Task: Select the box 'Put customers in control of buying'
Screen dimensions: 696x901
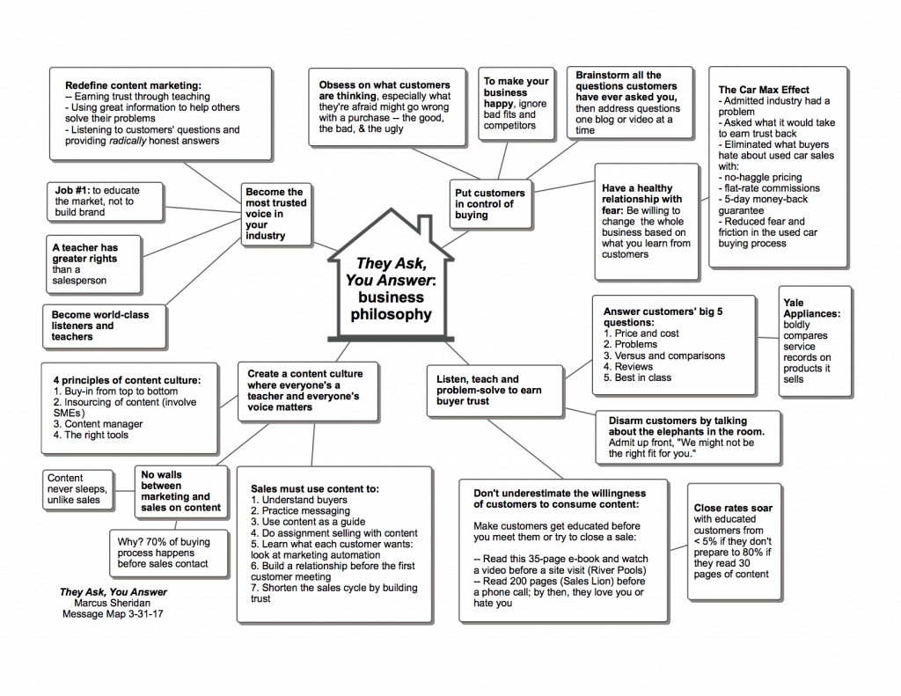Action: point(490,204)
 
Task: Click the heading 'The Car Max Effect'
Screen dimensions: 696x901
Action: point(764,90)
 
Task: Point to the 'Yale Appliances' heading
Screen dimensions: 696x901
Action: point(805,308)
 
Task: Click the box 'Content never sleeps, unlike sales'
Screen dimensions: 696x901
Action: point(77,489)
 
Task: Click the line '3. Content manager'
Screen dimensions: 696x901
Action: point(98,424)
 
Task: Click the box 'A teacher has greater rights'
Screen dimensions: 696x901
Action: point(92,264)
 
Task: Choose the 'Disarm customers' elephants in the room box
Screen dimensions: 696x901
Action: point(687,437)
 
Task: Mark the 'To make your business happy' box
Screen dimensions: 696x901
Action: point(516,103)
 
